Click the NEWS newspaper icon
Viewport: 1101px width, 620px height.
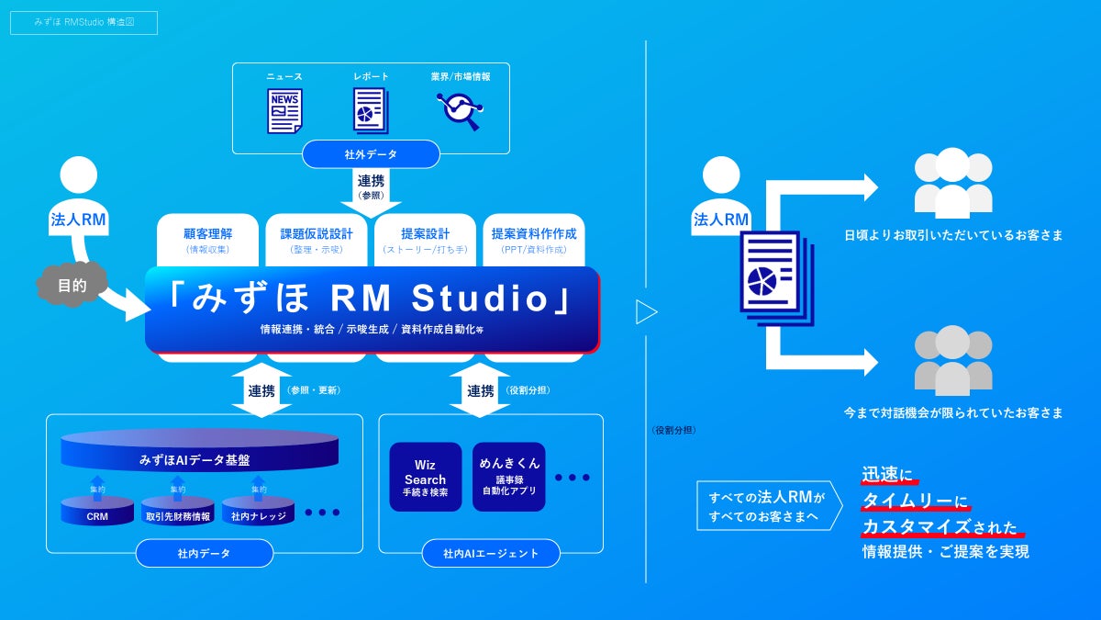[x=284, y=111]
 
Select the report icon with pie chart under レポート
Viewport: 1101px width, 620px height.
[x=371, y=111]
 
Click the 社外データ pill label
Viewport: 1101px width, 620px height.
[x=371, y=154]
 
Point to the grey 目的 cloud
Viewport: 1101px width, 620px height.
[x=72, y=286]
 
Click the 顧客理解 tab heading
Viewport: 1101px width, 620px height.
[x=208, y=233]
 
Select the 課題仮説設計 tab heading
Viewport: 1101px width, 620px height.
[x=317, y=233]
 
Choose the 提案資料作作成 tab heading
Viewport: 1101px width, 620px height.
[x=533, y=233]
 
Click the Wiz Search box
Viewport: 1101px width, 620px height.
[x=425, y=478]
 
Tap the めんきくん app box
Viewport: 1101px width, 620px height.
[x=509, y=478]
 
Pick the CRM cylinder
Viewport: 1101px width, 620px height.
[x=97, y=513]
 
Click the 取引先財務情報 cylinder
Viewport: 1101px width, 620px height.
[x=178, y=513]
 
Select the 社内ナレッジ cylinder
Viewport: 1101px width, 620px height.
[x=258, y=513]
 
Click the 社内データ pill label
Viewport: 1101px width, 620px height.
[x=204, y=553]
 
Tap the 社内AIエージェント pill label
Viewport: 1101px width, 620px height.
[x=490, y=553]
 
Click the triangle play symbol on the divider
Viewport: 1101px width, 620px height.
[x=647, y=312]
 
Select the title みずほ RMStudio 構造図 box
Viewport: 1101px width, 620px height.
[x=83, y=23]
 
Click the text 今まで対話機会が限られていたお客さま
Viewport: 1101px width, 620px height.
[x=953, y=413]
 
